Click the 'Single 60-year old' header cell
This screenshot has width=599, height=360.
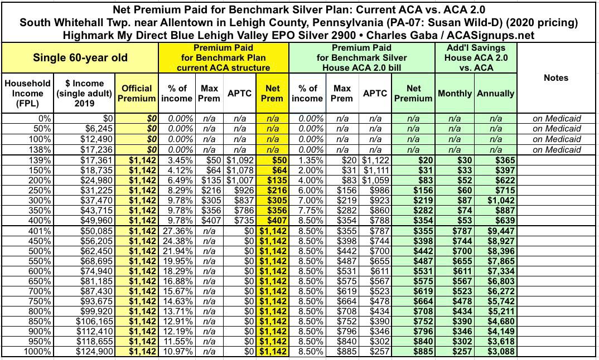(80, 57)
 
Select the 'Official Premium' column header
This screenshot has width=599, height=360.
(137, 93)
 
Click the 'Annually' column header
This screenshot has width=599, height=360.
(495, 93)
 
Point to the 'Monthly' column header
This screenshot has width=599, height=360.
(455, 93)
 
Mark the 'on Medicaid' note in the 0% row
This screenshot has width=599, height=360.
(556, 118)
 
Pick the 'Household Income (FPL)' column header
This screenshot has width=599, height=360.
(27, 93)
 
